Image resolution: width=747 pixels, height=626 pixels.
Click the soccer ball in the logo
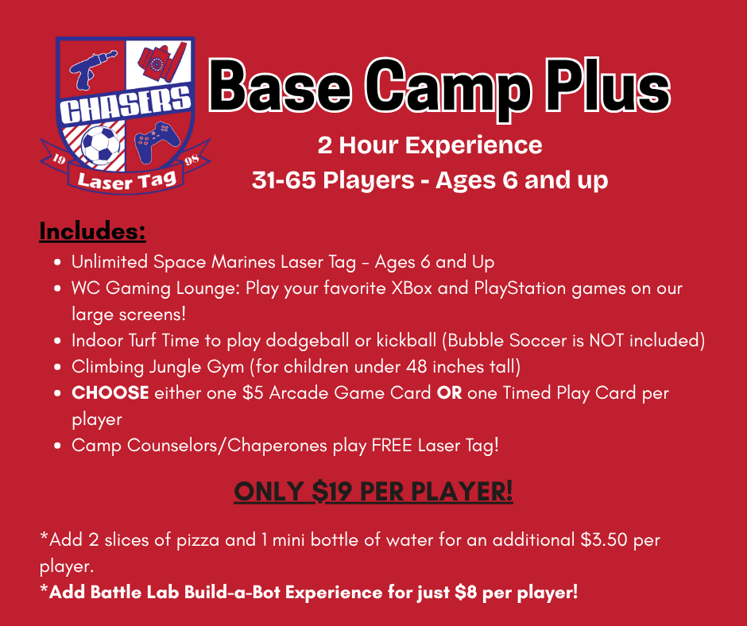(100, 145)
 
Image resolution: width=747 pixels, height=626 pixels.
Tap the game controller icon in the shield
(157, 141)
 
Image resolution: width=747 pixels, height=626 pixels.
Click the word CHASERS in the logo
(126, 104)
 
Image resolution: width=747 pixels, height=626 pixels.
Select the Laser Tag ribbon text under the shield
(126, 180)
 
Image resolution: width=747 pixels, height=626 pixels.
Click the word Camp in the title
(448, 87)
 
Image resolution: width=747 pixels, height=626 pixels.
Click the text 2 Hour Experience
(430, 145)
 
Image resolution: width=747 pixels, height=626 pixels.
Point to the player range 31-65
(284, 180)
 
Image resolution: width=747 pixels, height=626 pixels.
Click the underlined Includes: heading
(92, 231)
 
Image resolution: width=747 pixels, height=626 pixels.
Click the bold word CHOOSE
(110, 393)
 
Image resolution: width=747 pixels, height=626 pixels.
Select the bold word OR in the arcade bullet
(449, 393)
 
